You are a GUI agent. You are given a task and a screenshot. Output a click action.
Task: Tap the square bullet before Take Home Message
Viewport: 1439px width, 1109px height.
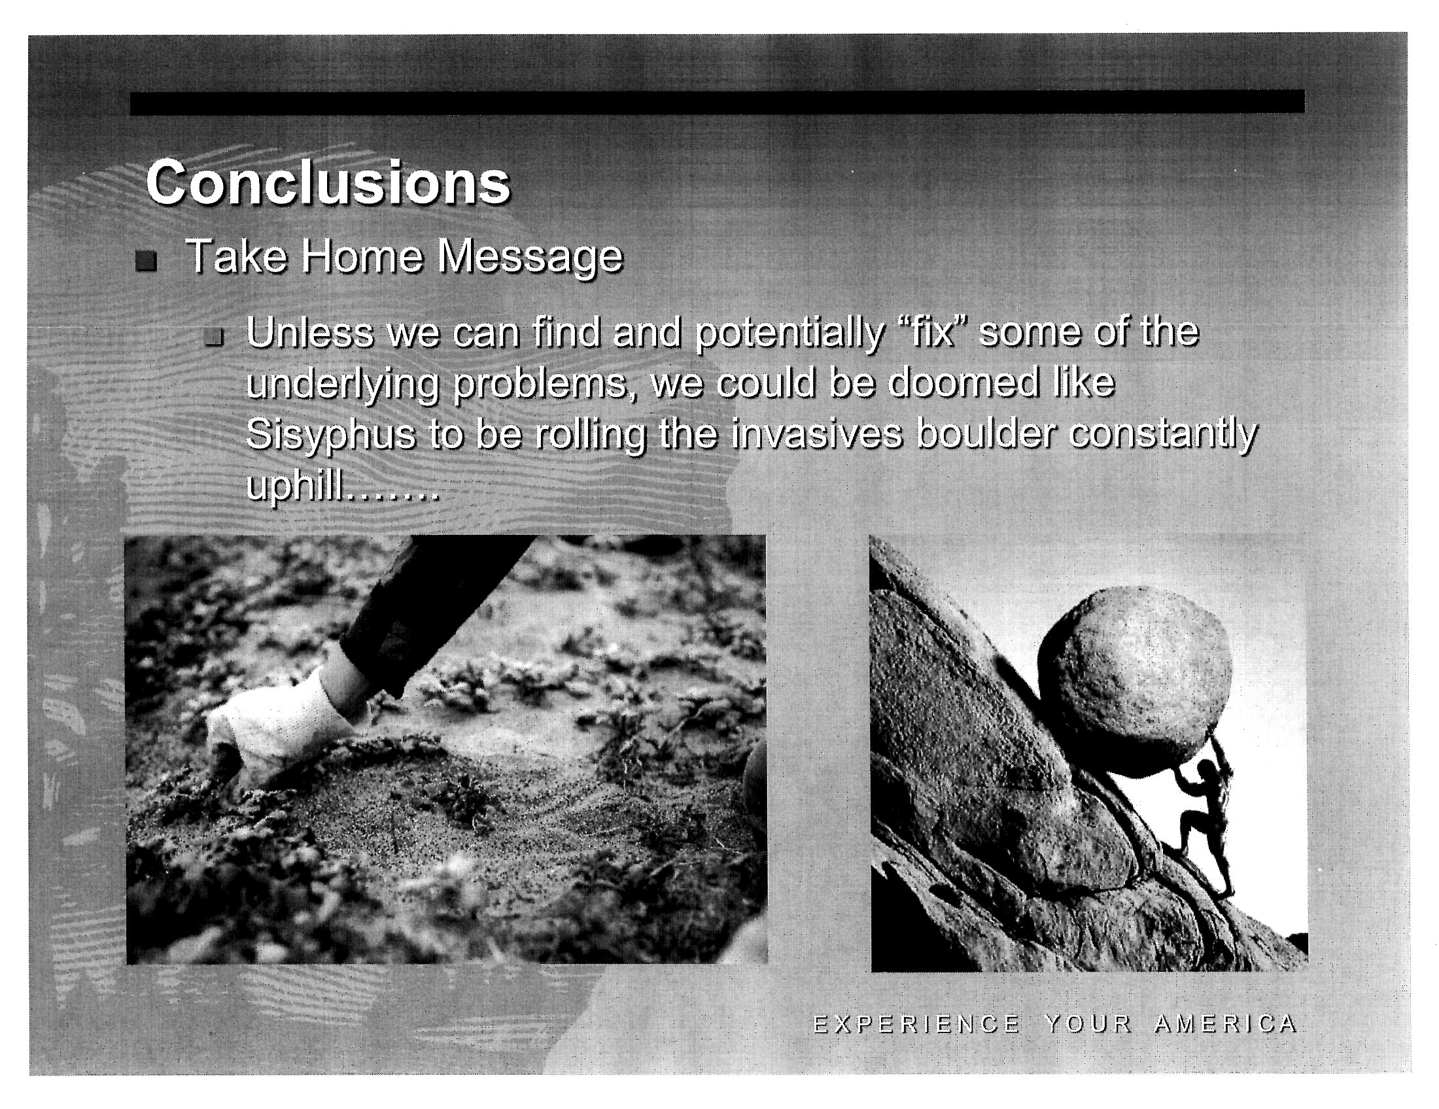(147, 262)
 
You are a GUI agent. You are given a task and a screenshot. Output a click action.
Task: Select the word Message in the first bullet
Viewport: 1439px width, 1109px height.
(530, 258)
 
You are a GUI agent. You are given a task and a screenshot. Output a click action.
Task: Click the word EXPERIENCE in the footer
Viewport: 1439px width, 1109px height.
(916, 1025)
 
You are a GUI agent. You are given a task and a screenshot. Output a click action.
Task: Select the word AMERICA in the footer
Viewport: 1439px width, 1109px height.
(1226, 1025)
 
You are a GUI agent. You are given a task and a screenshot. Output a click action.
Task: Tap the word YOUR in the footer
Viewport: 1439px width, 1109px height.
(1088, 1025)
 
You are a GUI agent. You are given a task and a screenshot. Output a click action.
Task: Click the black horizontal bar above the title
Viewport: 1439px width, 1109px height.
(717, 102)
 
